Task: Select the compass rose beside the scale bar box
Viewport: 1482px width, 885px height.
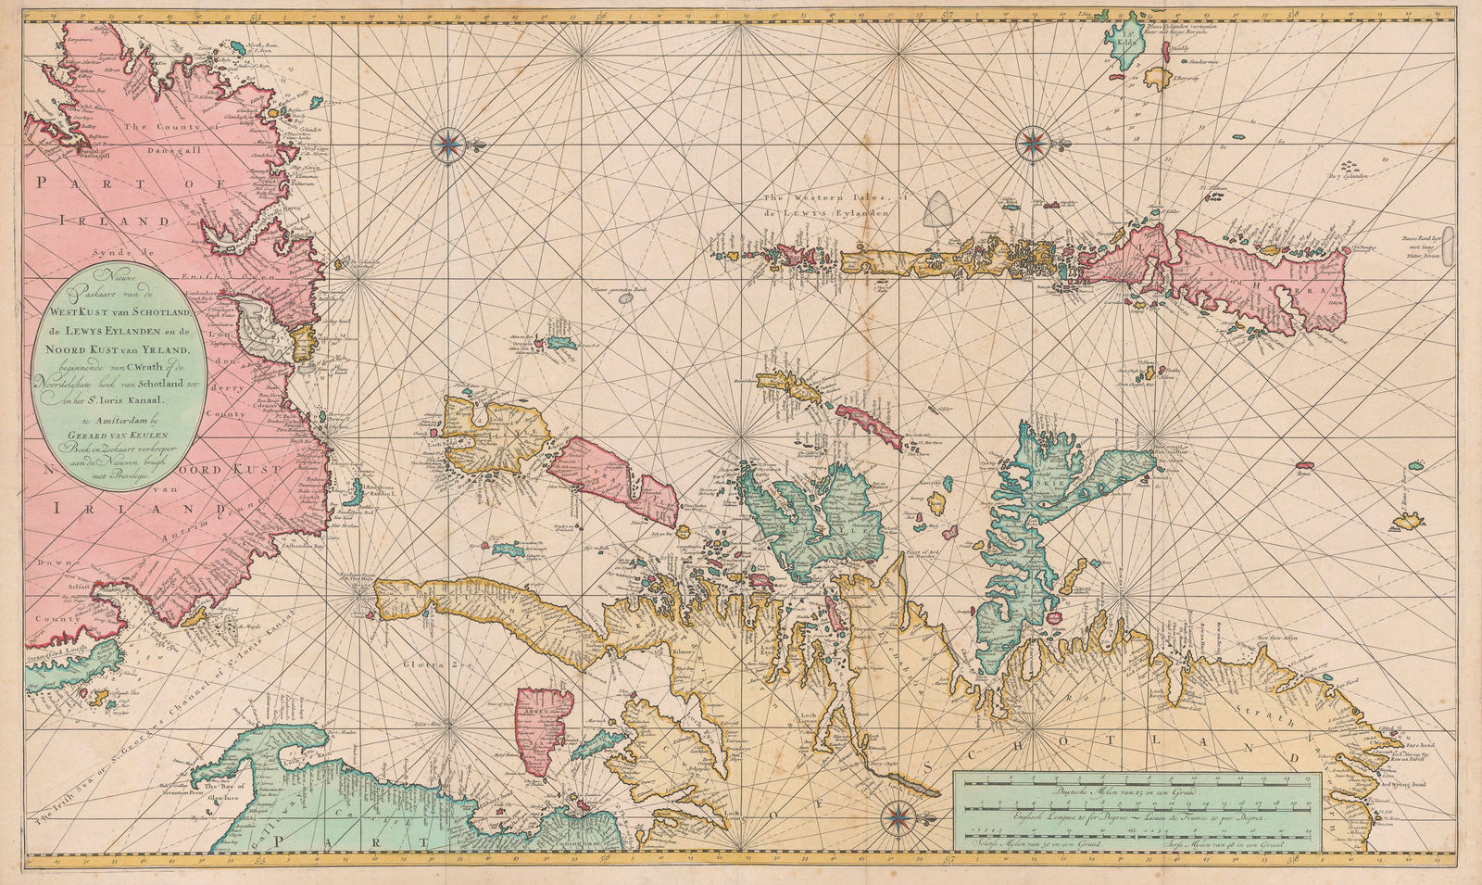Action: pos(897,817)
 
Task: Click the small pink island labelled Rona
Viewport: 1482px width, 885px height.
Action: pos(1306,465)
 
